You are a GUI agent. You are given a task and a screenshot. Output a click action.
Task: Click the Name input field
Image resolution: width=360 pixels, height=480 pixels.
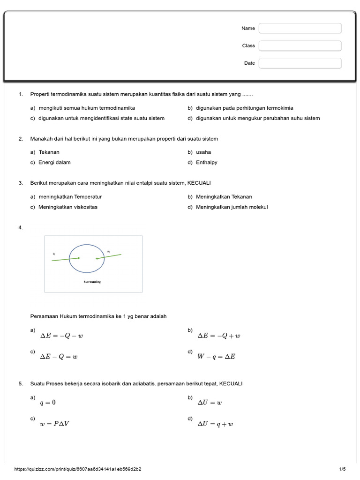pos(300,29)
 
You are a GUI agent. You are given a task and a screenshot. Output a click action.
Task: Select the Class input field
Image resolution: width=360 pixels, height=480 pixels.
pos(300,46)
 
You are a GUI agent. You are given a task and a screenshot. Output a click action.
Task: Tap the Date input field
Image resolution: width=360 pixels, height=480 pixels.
pos(300,63)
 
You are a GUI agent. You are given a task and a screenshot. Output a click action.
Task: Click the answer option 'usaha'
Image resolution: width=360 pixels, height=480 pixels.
pos(203,152)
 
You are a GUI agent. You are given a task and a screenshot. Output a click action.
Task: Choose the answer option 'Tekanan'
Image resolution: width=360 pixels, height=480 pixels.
pos(49,152)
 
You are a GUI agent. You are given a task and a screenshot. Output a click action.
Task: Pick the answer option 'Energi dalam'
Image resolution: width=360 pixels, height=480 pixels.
pos(54,163)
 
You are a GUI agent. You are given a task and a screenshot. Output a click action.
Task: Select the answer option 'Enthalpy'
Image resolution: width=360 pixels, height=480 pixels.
pos(207,163)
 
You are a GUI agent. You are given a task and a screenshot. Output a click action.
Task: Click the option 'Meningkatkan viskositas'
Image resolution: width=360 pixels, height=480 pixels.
pos(68,207)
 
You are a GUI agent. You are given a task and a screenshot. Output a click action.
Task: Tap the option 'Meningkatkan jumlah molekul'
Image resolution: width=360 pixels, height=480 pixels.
pos(232,207)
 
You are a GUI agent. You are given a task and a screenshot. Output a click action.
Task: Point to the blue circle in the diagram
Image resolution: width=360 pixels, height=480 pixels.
pos(87,245)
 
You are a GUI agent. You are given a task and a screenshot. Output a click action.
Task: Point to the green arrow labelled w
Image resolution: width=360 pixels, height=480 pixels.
pos(109,256)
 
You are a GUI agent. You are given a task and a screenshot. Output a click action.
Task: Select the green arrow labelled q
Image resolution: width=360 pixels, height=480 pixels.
pos(66,259)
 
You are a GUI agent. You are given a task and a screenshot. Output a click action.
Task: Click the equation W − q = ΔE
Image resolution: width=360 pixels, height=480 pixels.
pos(216,357)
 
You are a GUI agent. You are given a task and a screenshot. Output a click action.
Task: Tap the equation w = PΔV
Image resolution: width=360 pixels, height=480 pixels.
pos(55,424)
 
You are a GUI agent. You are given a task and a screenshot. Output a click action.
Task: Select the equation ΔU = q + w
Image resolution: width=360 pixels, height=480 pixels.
pos(215,424)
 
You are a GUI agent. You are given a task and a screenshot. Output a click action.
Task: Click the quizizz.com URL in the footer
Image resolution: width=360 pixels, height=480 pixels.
pos(78,469)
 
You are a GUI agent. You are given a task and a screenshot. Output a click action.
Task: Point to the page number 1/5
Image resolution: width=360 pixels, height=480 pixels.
pos(342,469)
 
